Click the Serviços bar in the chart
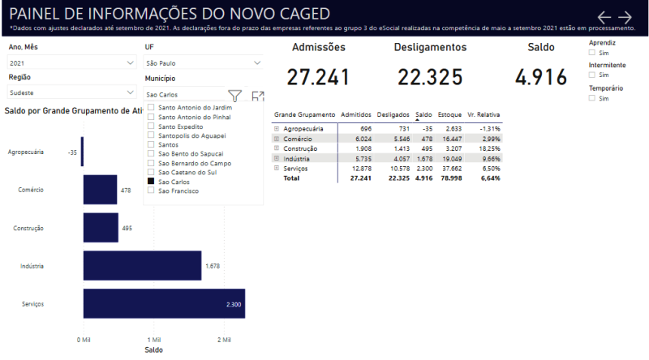(162, 303)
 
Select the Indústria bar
(142, 265)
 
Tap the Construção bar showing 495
(101, 228)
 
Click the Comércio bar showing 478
(100, 190)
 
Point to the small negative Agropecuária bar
(82, 152)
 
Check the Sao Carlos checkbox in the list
(152, 182)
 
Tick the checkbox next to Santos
(152, 144)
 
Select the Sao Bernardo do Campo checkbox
(152, 163)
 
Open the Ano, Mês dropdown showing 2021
(71, 62)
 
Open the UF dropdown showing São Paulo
(203, 62)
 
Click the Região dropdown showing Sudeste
(71, 93)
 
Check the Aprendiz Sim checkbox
(592, 52)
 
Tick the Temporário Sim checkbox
(592, 98)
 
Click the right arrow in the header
(625, 17)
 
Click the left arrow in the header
(604, 17)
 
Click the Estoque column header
(449, 116)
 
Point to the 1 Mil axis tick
(152, 339)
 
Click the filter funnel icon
(234, 96)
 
